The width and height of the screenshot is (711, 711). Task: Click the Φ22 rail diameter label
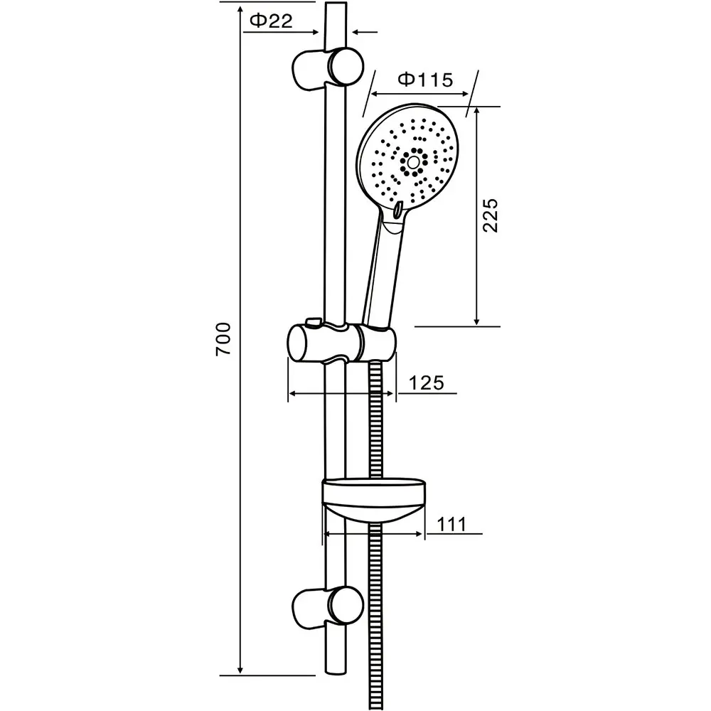click(x=271, y=21)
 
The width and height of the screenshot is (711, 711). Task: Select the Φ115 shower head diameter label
click(x=425, y=80)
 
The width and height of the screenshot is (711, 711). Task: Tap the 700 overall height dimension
click(x=223, y=338)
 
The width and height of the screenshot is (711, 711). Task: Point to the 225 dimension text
click(x=490, y=215)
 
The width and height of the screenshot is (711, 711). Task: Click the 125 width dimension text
click(x=426, y=383)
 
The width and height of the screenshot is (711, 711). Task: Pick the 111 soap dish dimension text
click(x=451, y=525)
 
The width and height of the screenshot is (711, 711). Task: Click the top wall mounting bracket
click(x=327, y=68)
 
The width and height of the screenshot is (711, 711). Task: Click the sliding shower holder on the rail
click(x=342, y=343)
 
